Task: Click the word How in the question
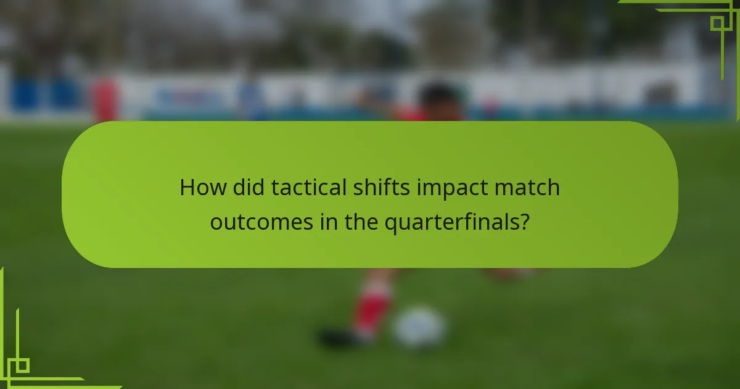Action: [202, 187]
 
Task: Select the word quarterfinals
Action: [450, 222]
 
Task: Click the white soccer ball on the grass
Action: [420, 327]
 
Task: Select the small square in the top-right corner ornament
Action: [717, 23]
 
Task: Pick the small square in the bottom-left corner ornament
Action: [22, 366]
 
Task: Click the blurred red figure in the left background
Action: [105, 99]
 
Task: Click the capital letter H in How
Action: [187, 187]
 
